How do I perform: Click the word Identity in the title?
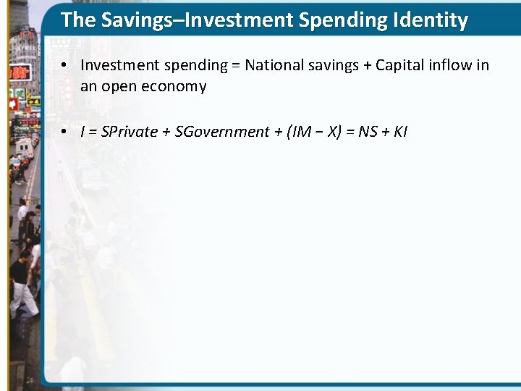(x=433, y=20)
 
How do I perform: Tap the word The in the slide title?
(x=77, y=20)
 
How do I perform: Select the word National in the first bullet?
(x=271, y=65)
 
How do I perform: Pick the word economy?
(x=173, y=87)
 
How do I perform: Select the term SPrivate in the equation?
(x=130, y=132)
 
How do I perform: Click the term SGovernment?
(x=221, y=132)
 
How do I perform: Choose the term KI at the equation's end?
(x=400, y=132)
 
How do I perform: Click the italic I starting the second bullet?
(x=82, y=132)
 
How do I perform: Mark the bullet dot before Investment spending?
(x=64, y=65)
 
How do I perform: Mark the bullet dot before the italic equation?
(x=64, y=132)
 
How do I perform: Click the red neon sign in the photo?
(x=20, y=72)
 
